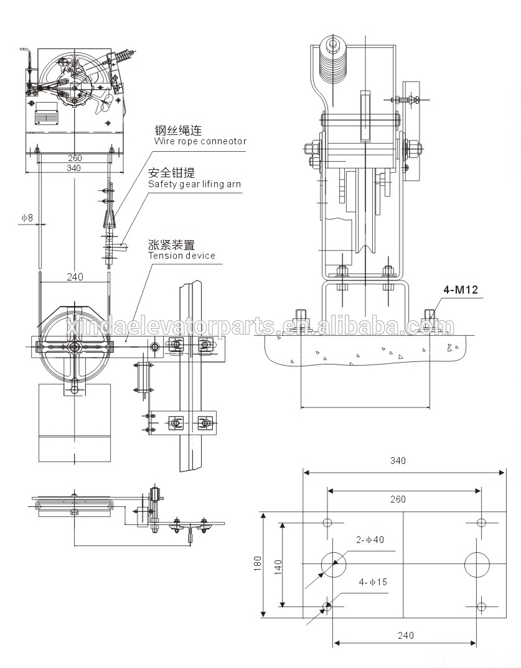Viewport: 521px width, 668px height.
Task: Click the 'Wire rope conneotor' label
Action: [x=200, y=141]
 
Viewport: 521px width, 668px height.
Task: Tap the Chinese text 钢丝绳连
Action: [x=178, y=131]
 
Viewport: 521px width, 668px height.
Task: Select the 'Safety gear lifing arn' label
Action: [x=194, y=184]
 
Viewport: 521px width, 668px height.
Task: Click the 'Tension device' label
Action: [x=181, y=256]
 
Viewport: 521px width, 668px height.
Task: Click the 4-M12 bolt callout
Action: [x=460, y=289]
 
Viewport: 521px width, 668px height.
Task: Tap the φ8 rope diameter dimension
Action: [x=27, y=218]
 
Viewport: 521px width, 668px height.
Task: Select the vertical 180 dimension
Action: [x=258, y=564]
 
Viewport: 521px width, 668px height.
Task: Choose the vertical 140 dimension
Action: [x=278, y=565]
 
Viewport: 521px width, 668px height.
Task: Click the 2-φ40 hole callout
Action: [x=370, y=539]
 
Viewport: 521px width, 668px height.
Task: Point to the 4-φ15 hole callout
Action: [x=372, y=582]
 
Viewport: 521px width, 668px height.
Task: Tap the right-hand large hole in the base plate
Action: [x=477, y=564]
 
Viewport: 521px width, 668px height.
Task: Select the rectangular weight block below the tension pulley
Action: [x=74, y=423]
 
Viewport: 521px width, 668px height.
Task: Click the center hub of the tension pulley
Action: [x=75, y=346]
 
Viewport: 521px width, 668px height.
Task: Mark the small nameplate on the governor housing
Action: [x=44, y=116]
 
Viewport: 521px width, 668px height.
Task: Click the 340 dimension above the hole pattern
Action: [x=398, y=461]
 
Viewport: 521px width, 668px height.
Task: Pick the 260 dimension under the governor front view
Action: [x=74, y=158]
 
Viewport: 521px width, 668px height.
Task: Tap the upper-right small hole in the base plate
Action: [x=480, y=522]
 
